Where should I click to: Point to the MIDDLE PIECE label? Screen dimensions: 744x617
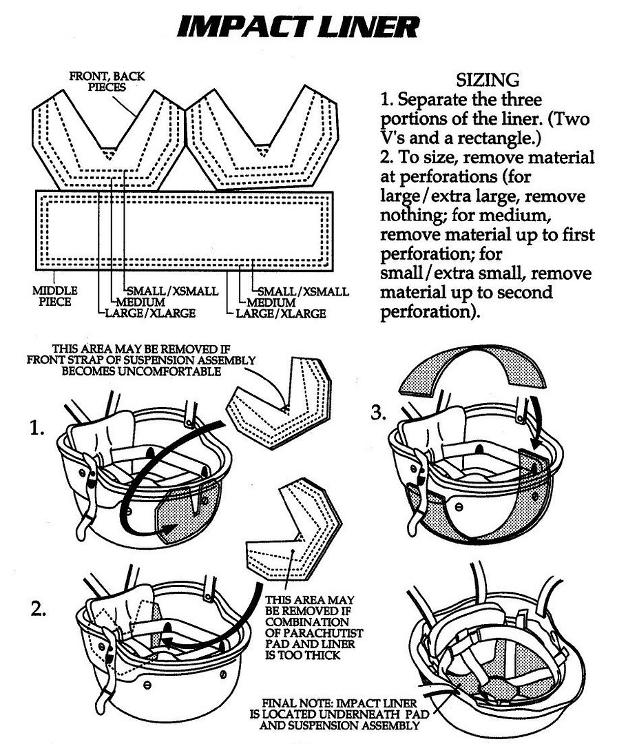click(x=54, y=296)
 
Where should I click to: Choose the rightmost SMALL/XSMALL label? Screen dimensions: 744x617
click(x=300, y=291)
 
